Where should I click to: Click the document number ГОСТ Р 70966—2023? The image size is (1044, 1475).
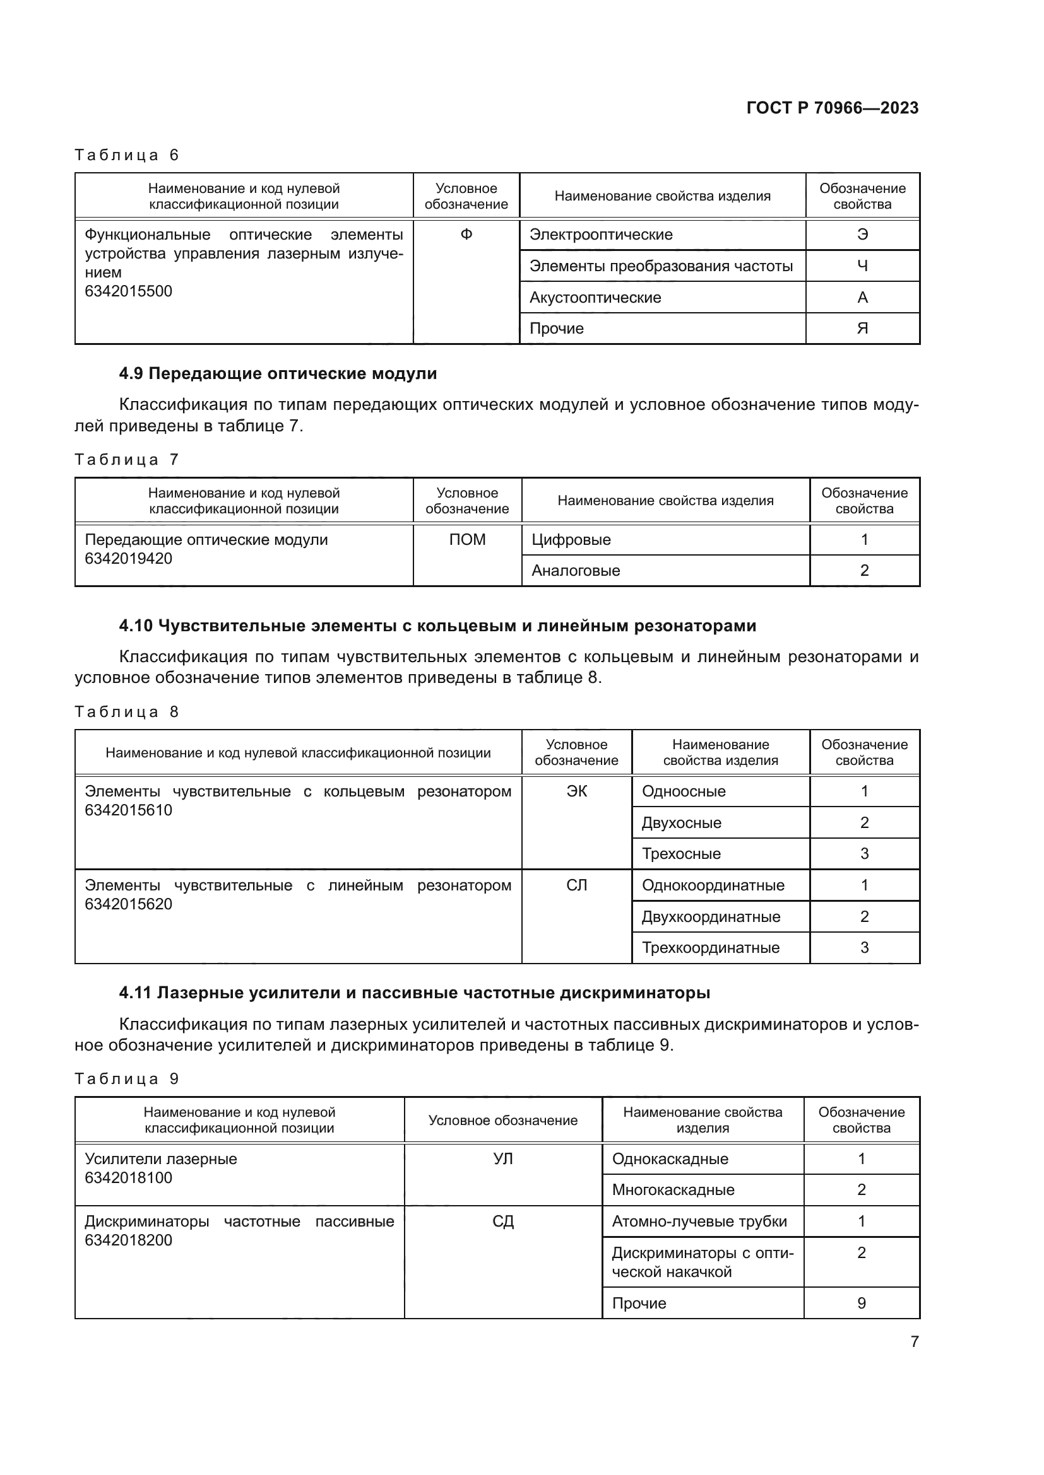832,108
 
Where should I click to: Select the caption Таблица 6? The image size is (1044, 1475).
127,155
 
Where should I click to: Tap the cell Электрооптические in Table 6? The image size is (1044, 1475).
600,235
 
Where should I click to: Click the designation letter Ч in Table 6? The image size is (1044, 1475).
862,266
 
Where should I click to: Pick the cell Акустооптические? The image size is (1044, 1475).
595,298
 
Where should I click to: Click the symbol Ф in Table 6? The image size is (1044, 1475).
466,235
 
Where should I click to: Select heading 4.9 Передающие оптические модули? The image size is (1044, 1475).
278,374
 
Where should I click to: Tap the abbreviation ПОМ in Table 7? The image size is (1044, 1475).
466,540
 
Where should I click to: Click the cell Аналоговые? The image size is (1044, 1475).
576,571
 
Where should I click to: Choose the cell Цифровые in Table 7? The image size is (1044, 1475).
571,540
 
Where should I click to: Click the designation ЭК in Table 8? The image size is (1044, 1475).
576,791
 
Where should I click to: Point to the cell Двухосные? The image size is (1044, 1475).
681,823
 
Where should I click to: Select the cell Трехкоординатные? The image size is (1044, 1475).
709,948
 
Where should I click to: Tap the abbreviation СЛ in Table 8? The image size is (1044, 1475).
576,885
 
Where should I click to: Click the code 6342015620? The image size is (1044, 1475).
129,904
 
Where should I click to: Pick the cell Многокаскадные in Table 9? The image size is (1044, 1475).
672,1190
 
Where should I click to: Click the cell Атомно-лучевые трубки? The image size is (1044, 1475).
699,1221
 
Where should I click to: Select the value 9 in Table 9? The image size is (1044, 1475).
861,1303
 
